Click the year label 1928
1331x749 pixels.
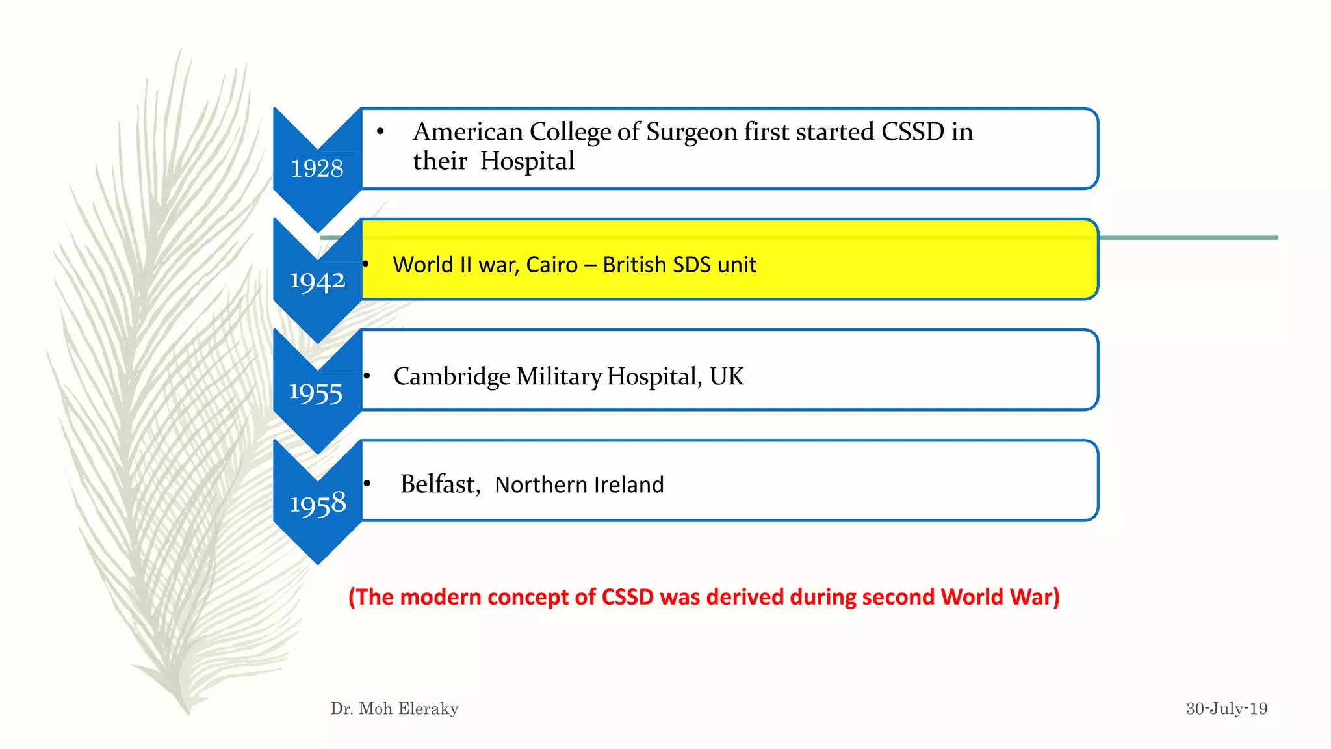tap(317, 168)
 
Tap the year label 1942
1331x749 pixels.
tap(317, 280)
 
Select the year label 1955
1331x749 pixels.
tap(316, 392)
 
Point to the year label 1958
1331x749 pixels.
tap(318, 503)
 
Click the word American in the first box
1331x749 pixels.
tap(467, 132)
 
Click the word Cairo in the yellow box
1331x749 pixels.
tap(552, 265)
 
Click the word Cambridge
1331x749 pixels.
tap(452, 376)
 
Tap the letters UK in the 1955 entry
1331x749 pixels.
tap(727, 376)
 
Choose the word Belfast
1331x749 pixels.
tap(440, 484)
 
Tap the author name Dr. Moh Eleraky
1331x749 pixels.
tap(394, 709)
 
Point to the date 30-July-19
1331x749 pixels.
tap(1226, 709)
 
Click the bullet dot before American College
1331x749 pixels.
tap(381, 133)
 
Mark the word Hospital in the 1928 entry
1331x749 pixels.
tap(527, 161)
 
